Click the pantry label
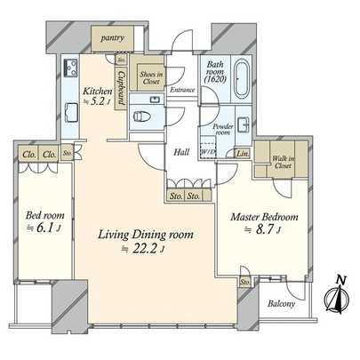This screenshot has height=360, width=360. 114,39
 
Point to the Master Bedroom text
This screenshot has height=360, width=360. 264,216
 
